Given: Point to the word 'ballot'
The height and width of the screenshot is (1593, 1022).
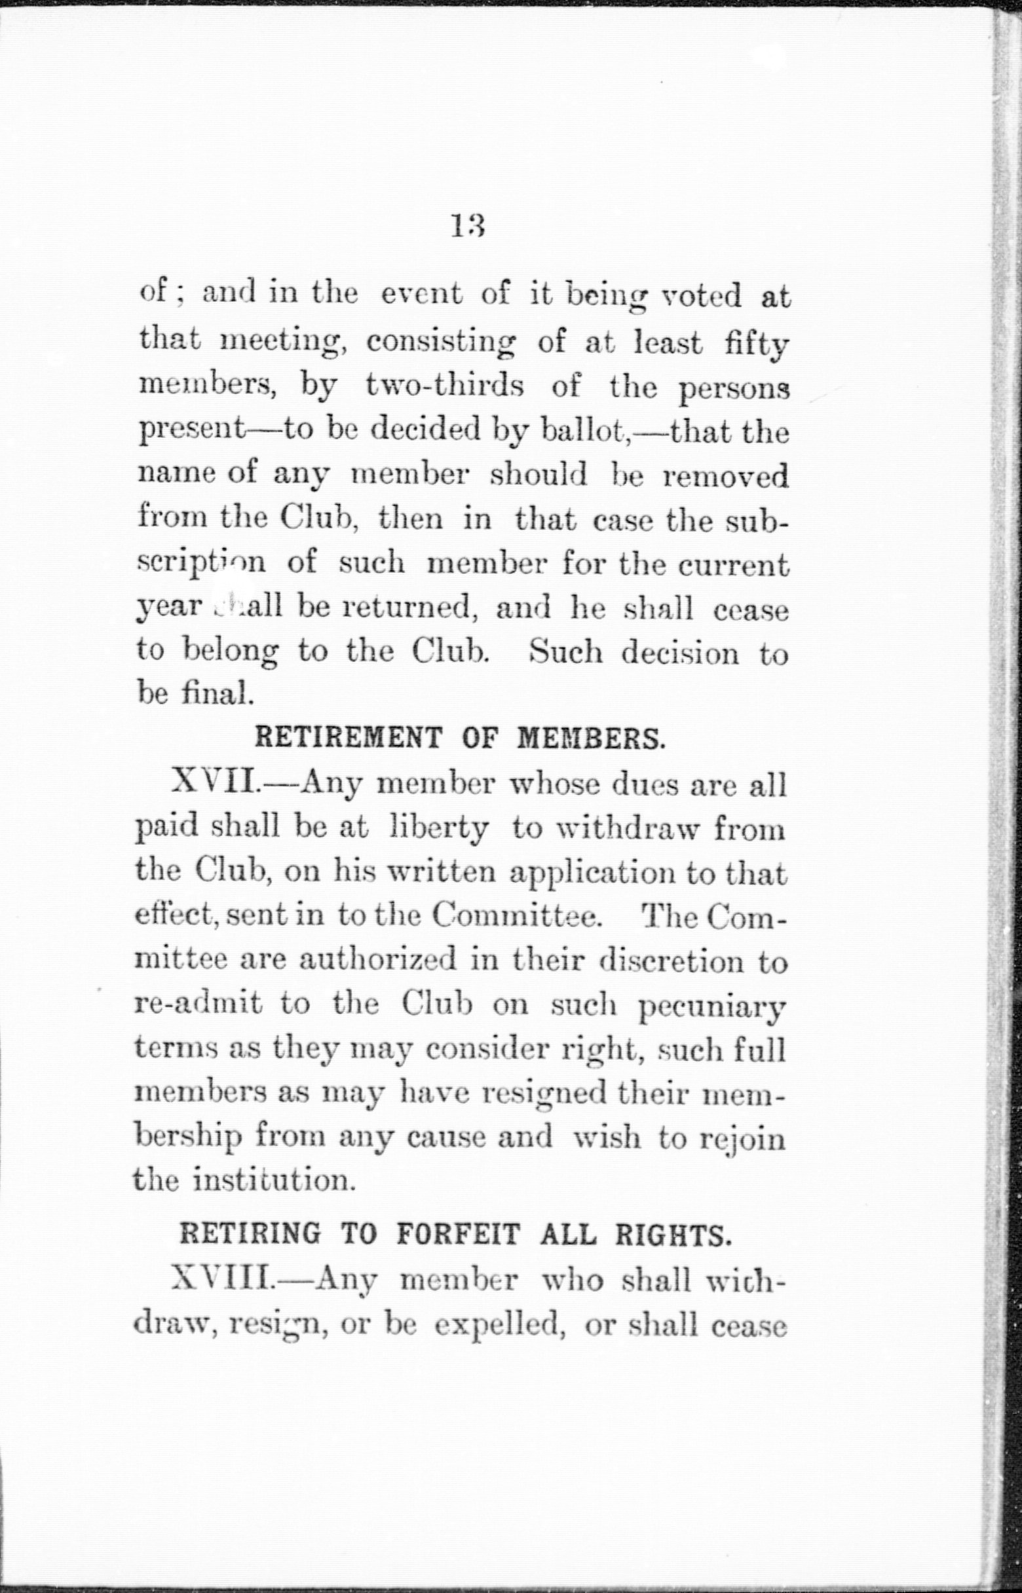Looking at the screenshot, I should (584, 432).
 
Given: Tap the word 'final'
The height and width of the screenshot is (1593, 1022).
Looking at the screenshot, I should (216, 694).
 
